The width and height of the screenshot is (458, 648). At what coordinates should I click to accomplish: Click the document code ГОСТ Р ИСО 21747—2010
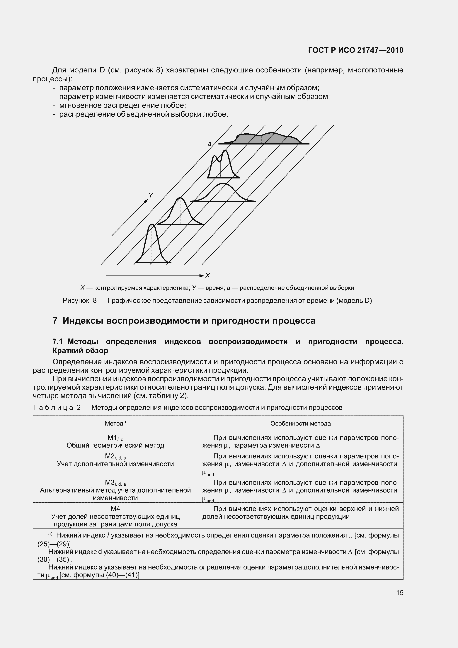tap(356, 50)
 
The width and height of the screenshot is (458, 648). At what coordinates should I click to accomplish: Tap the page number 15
tap(400, 593)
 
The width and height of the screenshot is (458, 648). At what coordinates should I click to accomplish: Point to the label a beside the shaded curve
tap(209, 144)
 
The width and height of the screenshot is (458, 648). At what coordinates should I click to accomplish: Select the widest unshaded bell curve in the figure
tap(223, 193)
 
